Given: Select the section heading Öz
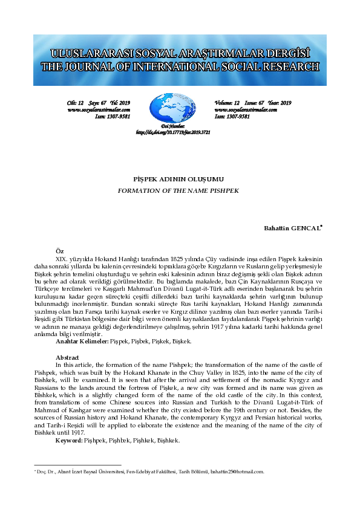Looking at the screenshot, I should (x=59, y=250).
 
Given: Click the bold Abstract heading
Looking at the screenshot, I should (x=67, y=358).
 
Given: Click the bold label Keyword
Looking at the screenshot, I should (x=68, y=441).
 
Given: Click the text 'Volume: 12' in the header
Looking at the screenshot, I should (x=227, y=103).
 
